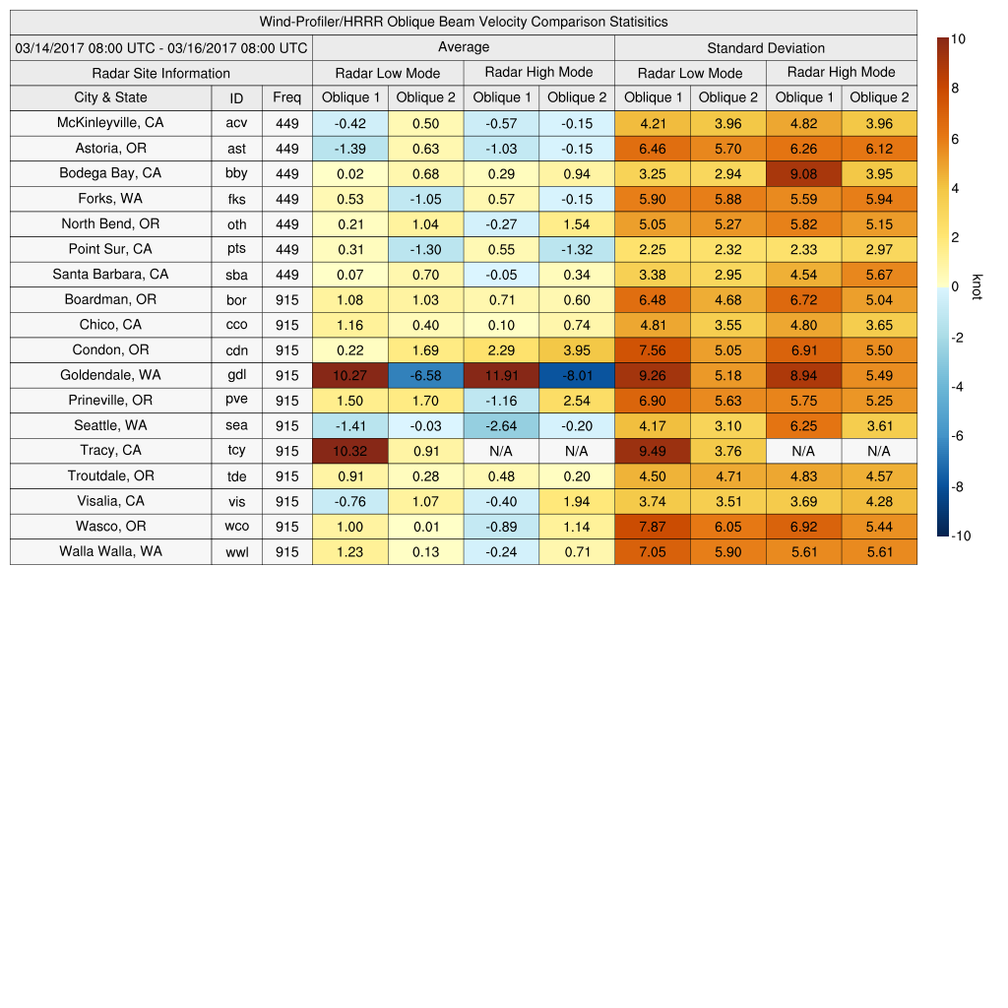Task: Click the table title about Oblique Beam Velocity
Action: coord(464,22)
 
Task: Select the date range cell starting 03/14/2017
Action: coord(161,47)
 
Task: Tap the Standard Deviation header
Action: coord(766,47)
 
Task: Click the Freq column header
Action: coord(286,97)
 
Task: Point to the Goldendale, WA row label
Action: coord(110,375)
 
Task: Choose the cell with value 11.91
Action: coord(501,375)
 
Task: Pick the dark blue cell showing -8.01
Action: coord(577,375)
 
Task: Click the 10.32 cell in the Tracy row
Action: coord(349,451)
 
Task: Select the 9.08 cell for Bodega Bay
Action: coord(803,174)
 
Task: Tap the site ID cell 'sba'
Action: coord(236,275)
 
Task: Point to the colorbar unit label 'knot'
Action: coord(976,286)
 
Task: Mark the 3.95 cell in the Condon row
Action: coord(577,350)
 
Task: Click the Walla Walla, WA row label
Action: coord(110,551)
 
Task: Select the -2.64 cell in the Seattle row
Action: coord(501,426)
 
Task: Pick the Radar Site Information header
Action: coord(161,73)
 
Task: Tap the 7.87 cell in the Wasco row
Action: coord(652,527)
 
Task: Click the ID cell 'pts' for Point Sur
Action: coord(236,250)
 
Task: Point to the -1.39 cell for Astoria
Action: coord(349,149)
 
